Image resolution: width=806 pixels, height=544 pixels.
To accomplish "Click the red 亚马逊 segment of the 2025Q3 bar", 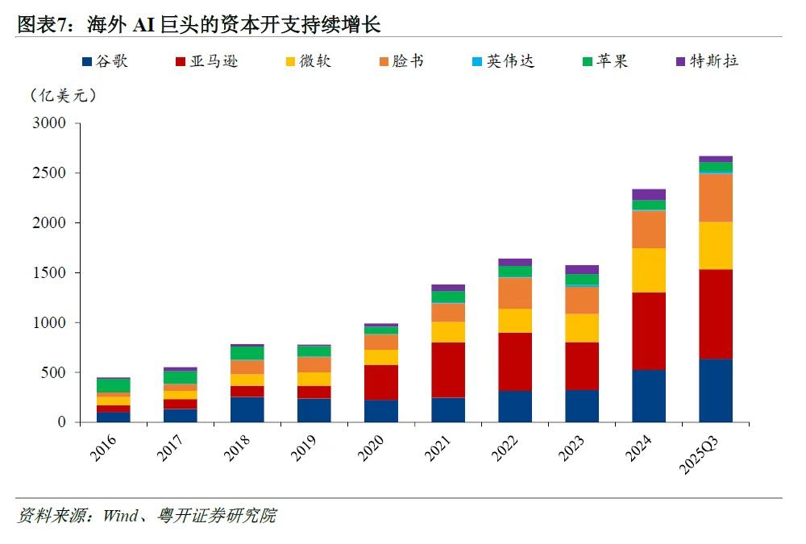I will coord(716,314).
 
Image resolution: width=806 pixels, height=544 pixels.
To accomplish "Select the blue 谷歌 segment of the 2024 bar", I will coord(649,396).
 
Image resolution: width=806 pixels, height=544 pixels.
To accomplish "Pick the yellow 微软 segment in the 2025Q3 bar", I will coord(716,246).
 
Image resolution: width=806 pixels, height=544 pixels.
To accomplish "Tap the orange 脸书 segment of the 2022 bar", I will coord(515,293).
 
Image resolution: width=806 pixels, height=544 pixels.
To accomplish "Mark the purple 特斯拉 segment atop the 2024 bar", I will coord(649,194).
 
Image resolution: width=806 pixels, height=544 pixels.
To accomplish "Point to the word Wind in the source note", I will coord(118,516).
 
